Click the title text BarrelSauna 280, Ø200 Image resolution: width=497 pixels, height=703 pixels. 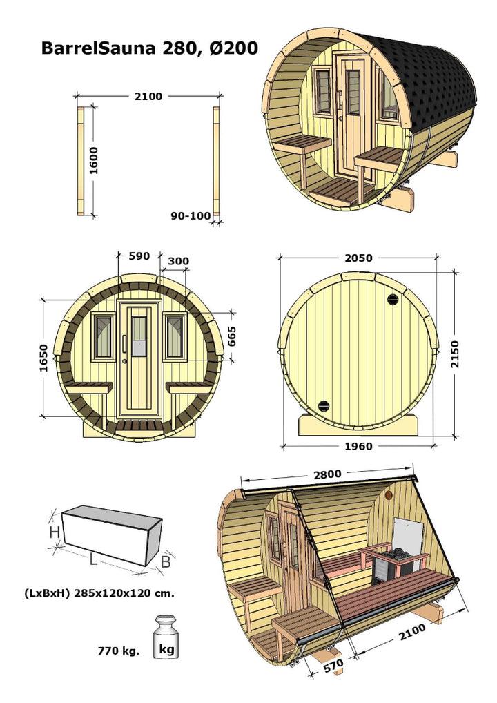point(150,48)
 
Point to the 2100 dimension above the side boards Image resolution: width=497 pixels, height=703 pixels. point(148,97)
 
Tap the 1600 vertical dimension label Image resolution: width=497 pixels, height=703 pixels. point(94,160)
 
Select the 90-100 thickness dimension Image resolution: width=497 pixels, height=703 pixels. point(191,215)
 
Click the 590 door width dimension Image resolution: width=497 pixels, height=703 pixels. point(139,256)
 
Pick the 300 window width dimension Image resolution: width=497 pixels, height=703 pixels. point(178,261)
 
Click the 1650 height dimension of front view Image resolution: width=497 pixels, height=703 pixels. point(44,358)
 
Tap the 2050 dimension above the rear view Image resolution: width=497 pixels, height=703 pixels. point(358,258)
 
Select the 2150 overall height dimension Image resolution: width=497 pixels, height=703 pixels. point(455,354)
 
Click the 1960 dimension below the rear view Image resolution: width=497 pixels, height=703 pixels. point(358,446)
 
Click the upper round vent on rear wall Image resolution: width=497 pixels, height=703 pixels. point(393,299)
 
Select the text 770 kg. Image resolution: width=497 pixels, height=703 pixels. point(118,651)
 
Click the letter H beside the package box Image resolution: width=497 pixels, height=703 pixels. point(54,532)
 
